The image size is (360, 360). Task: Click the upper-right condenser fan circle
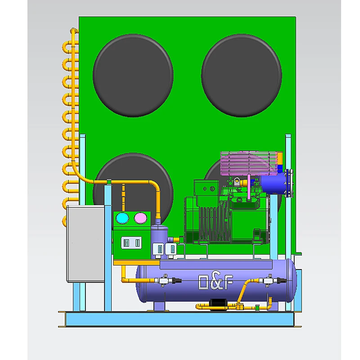242,75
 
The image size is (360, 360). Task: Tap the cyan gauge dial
122,218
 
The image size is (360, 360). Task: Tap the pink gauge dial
141,218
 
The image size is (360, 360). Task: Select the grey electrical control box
85,243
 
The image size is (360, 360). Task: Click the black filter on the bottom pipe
220,304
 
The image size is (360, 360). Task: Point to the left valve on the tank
165,280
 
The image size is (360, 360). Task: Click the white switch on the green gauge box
131,243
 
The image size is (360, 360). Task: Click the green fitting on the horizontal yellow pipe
109,182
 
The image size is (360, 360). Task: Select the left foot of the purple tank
160,306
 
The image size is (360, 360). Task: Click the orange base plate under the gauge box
135,262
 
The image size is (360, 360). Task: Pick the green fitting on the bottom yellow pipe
257,307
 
